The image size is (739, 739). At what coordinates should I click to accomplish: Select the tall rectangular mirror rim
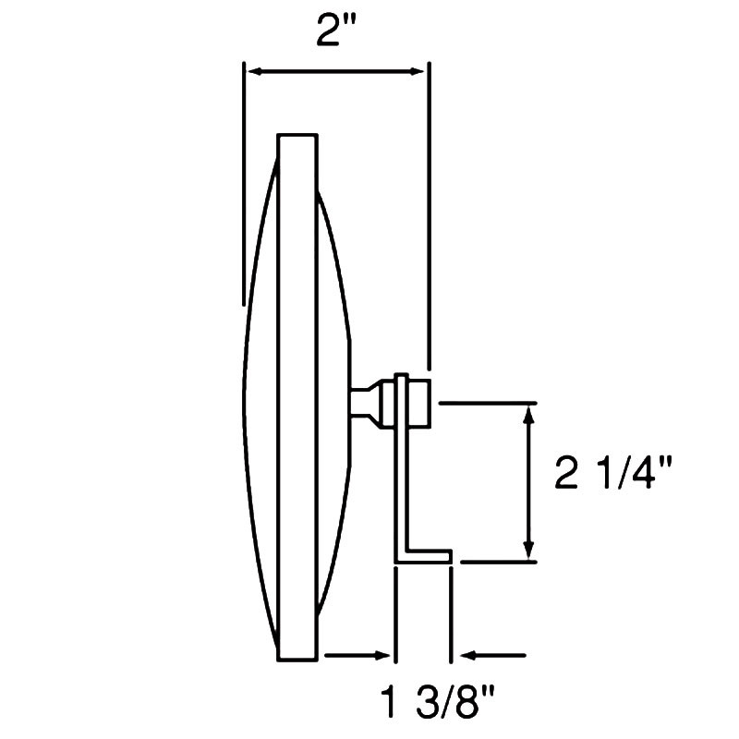tap(297, 397)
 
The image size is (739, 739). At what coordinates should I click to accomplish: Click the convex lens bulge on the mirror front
tap(260, 397)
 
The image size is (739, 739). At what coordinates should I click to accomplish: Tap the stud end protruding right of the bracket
tap(420, 403)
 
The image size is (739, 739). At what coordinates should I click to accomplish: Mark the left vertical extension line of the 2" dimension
tap(243, 185)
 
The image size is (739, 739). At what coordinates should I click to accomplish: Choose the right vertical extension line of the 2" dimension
tap(427, 212)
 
